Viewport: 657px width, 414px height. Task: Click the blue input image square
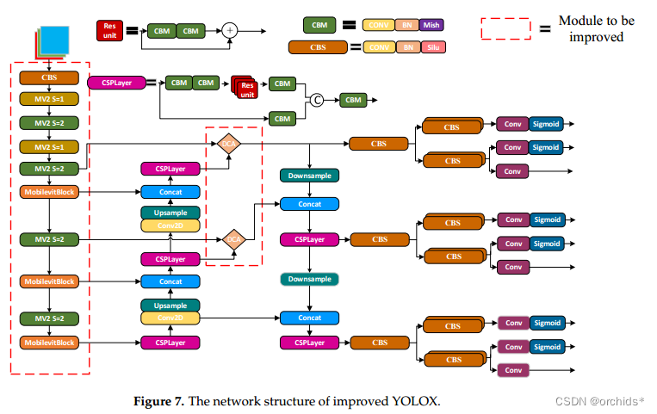point(53,41)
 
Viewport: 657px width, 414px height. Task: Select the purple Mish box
point(430,27)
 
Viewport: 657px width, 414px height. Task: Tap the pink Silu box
point(430,47)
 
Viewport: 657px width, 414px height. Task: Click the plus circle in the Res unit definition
point(229,30)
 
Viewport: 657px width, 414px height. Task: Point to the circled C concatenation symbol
point(316,100)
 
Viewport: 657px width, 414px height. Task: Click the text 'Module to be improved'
point(592,28)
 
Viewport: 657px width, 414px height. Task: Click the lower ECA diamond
point(233,240)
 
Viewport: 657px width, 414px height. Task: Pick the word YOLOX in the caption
point(415,399)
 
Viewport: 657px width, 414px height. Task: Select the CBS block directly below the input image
point(49,77)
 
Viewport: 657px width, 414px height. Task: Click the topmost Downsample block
point(309,176)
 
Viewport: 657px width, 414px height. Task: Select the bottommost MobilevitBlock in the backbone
point(49,343)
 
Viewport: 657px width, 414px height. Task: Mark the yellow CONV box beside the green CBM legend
point(376,27)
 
